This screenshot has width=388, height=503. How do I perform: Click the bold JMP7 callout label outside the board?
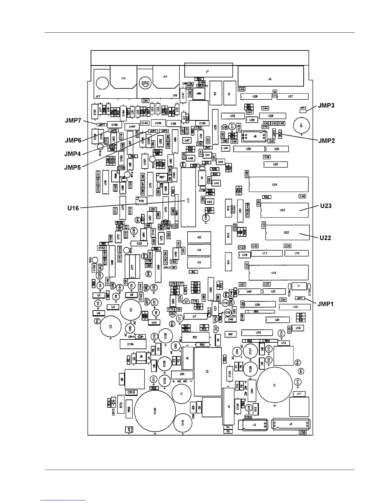(x=73, y=120)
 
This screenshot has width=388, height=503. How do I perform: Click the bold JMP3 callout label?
(x=325, y=105)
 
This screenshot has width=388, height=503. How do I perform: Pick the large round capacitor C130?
(x=155, y=411)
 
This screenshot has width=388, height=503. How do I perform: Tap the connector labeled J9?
(x=270, y=79)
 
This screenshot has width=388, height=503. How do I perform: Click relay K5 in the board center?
(x=199, y=237)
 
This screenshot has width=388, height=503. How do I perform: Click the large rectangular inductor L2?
(x=208, y=372)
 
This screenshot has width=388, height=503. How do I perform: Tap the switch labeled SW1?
(x=230, y=334)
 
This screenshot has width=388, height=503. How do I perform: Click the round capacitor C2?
(x=131, y=309)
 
